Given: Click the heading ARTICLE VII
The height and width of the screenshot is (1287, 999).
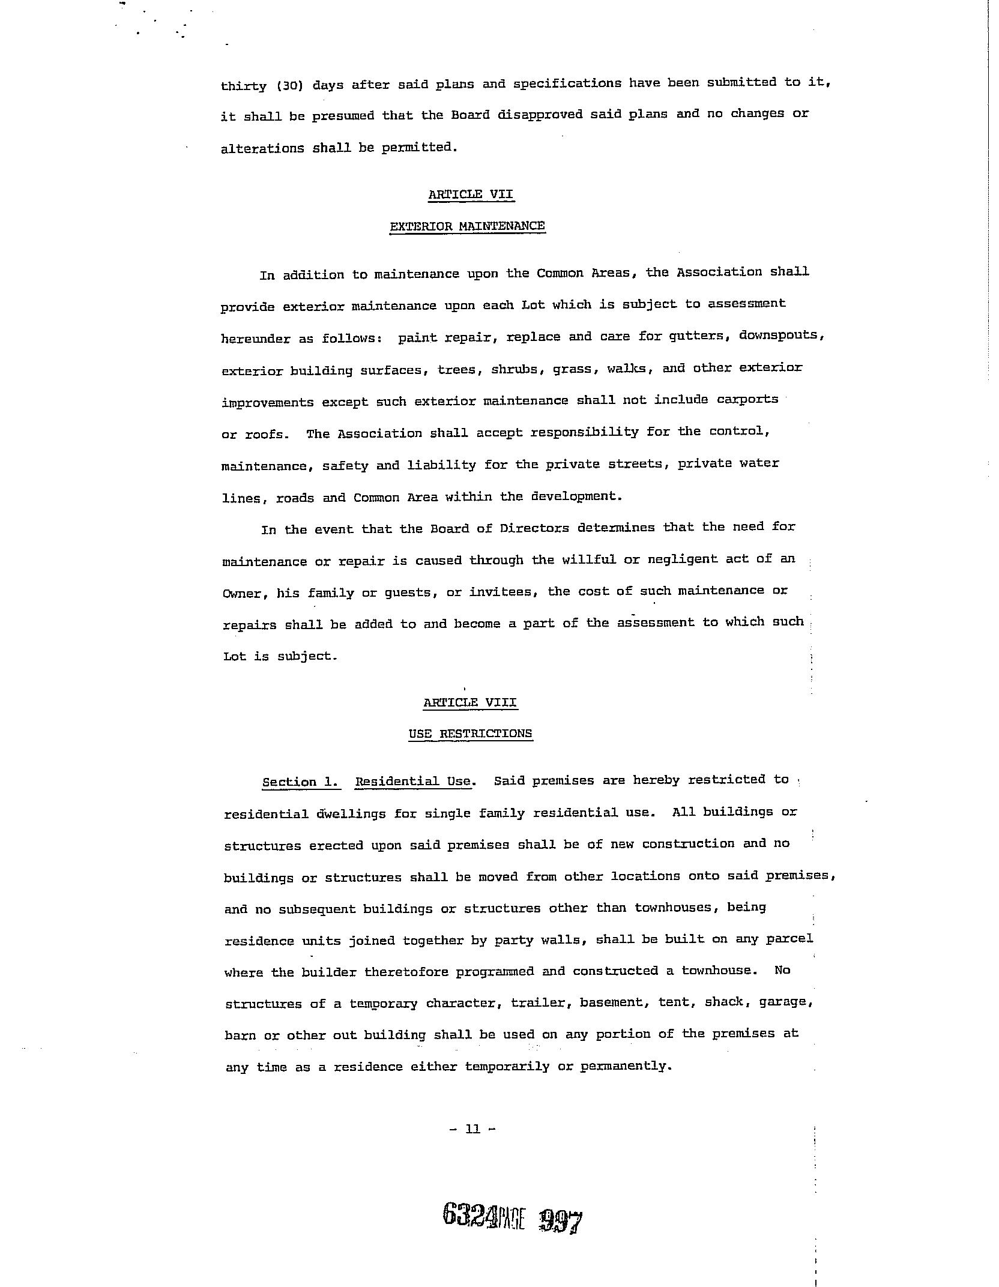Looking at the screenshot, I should [x=471, y=194].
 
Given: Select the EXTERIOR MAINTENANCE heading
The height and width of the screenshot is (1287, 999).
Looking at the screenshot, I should [x=467, y=226].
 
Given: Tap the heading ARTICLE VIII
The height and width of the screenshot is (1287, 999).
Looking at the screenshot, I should [x=470, y=702].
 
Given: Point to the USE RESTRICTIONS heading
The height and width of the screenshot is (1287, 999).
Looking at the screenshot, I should [x=470, y=734].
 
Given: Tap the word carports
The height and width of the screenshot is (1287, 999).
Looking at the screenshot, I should [x=747, y=399].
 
